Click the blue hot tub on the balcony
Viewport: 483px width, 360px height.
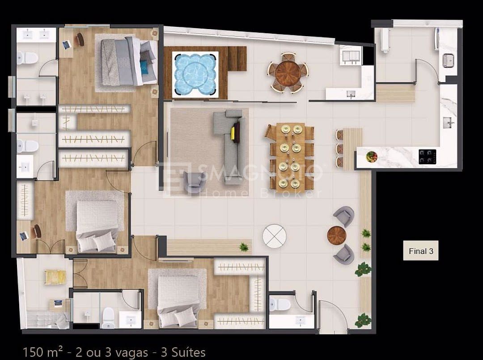[x=195, y=74]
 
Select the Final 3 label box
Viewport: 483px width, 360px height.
[x=421, y=251]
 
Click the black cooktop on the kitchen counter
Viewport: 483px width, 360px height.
[x=427, y=157]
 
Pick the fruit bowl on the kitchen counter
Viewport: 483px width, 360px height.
[x=372, y=157]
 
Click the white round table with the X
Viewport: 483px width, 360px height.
[x=274, y=237]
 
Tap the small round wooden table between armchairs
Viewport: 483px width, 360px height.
[x=337, y=236]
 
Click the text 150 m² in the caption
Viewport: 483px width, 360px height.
[x=42, y=352]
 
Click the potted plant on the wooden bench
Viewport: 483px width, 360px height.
[x=244, y=247]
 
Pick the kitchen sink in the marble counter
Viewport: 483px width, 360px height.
[x=448, y=123]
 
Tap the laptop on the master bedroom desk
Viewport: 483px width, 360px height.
[x=67, y=45]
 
